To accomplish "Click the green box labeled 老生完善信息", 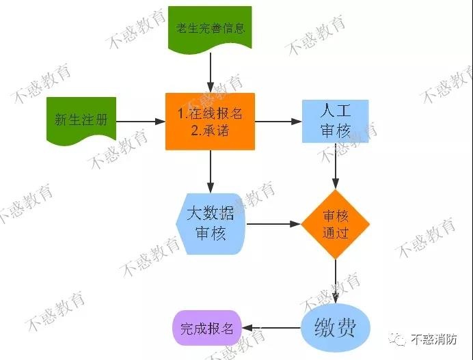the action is click(x=210, y=29).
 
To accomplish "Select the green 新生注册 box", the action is click(x=81, y=120).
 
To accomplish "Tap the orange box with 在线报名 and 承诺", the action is click(x=210, y=121).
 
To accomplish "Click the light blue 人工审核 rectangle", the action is click(x=335, y=121).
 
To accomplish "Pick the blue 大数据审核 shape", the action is click(x=211, y=223).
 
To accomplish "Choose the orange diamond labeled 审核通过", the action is click(x=336, y=224).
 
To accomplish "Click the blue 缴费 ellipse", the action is click(x=336, y=328).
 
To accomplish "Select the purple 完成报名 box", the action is click(x=207, y=328).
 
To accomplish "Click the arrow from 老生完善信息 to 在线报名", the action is click(x=211, y=72).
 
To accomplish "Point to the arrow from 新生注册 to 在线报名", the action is click(x=141, y=122).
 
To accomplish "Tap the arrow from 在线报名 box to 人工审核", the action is click(x=278, y=122).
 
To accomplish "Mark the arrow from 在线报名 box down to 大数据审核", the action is click(x=211, y=171).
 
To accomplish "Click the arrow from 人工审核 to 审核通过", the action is click(x=336, y=166).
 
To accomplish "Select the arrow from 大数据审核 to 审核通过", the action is click(x=273, y=224).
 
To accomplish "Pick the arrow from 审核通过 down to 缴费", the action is click(x=336, y=281).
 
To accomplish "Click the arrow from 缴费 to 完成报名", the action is click(x=271, y=328).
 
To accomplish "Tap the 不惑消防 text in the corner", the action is click(x=434, y=340).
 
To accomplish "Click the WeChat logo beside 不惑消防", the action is click(x=398, y=340).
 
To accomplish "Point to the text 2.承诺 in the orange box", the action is click(x=210, y=131).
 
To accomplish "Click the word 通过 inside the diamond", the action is click(x=336, y=232).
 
